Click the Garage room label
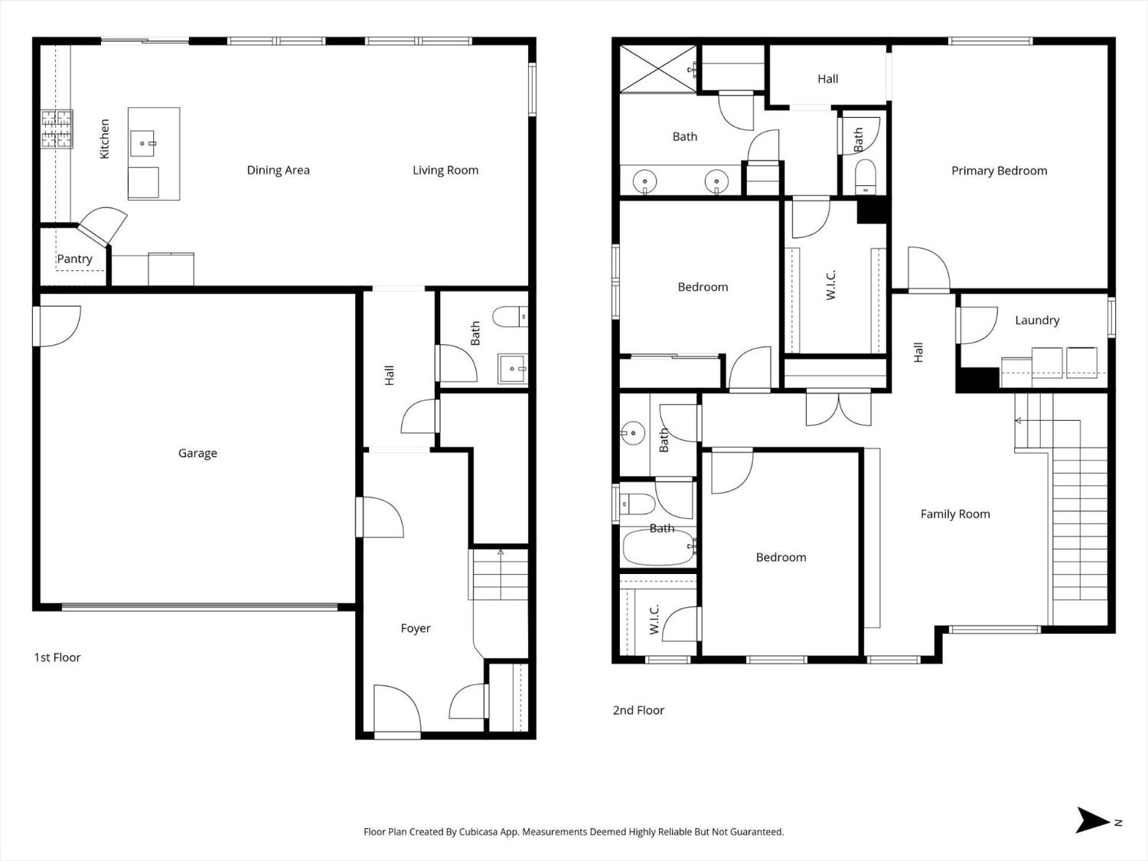197,453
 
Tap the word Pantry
74,259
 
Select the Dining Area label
278,170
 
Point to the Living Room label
445,170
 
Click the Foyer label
416,628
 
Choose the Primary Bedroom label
999,171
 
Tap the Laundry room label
1037,320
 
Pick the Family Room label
955,514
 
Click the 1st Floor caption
57,657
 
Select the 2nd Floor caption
638,710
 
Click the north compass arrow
1092,820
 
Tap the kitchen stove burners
57,129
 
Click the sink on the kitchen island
143,142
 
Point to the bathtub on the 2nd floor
658,548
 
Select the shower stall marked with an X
656,70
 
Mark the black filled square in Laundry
977,380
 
